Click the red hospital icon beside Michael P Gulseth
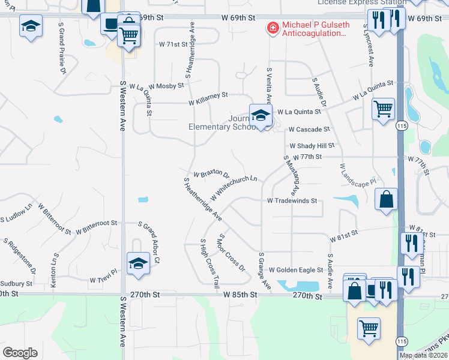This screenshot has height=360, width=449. point(272,28)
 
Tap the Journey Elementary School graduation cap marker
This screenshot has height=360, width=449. point(261,115)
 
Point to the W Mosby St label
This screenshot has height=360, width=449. point(166,86)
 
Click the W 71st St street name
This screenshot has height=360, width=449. point(173,44)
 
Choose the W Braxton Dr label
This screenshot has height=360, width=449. point(211,173)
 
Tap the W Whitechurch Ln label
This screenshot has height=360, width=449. point(234,188)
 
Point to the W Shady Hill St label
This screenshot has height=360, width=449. point(312,146)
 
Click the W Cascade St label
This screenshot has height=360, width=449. point(309,129)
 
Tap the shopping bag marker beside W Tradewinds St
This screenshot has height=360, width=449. point(387,199)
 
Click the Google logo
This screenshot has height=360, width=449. point(20,353)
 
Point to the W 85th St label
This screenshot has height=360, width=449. point(240,295)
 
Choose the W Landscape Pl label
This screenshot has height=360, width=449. point(358,173)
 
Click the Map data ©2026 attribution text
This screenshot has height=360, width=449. point(423,355)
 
